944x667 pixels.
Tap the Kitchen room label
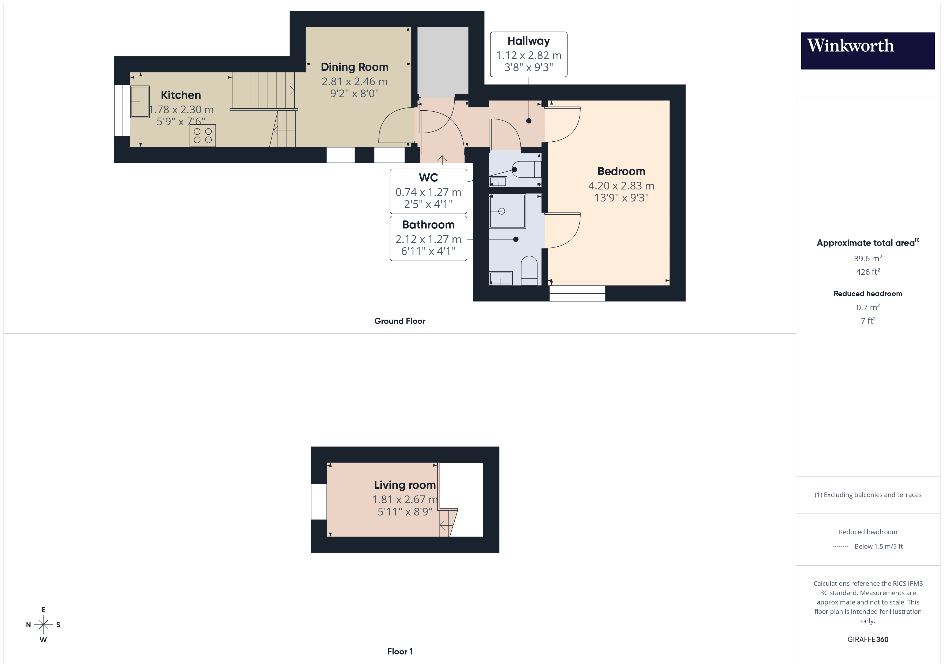pos(181,95)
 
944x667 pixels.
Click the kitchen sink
pos(140,102)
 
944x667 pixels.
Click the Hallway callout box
pos(528,54)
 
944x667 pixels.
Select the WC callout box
pos(428,191)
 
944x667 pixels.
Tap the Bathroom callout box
pos(428,238)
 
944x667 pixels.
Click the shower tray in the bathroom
pos(507,211)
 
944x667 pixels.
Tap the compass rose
pos(43,625)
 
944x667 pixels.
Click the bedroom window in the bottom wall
pos(577,293)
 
